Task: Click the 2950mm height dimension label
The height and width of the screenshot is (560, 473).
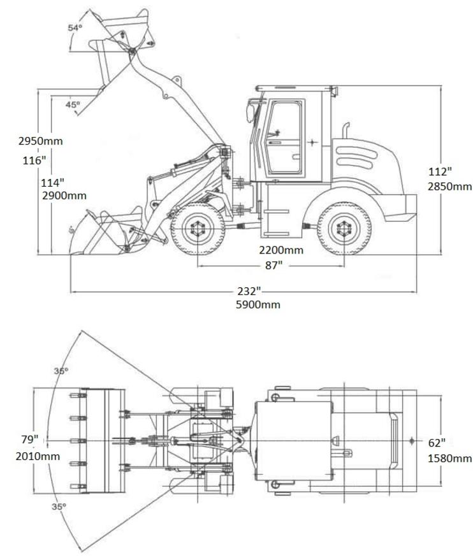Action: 40,141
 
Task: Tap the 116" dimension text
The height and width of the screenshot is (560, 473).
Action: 34,161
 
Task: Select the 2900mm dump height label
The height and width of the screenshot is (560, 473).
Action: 64,196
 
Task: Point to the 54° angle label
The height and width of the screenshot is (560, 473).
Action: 75,27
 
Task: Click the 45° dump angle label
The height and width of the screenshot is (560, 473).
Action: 73,104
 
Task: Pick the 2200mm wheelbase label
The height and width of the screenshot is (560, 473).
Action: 281,250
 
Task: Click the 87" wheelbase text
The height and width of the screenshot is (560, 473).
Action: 273,266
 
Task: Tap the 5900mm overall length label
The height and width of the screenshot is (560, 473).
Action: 258,305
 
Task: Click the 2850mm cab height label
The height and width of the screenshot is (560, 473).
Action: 450,187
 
